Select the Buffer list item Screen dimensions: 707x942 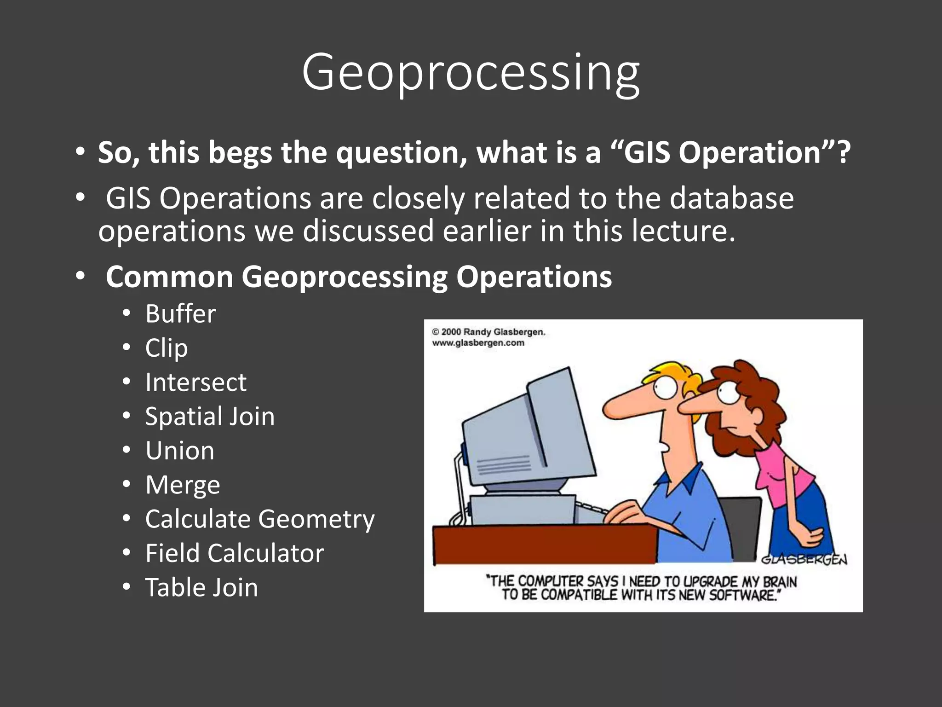(180, 314)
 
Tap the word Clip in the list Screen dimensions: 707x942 (167, 348)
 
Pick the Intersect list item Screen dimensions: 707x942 (196, 382)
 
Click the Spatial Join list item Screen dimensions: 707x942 (210, 416)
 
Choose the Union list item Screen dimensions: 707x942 (180, 450)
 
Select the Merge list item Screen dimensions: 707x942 (183, 485)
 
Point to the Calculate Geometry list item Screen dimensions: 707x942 (260, 519)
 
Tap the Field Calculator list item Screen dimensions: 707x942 (235, 553)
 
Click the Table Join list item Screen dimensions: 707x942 (201, 588)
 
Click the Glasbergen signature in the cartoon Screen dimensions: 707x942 (804, 559)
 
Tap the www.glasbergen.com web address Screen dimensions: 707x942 (478, 343)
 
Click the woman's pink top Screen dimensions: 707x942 (782, 474)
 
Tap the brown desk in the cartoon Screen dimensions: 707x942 (543, 545)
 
